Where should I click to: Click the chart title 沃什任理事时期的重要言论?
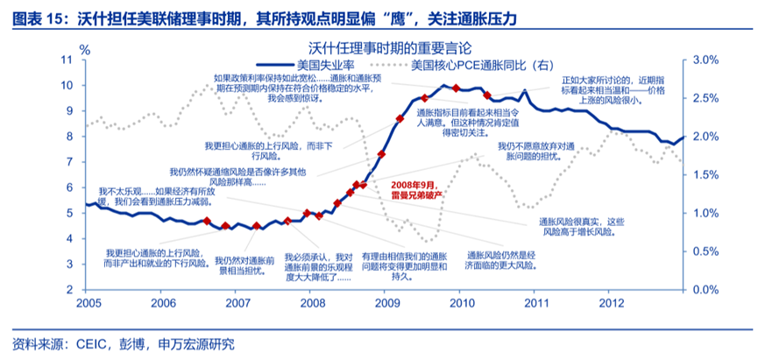click(x=379, y=46)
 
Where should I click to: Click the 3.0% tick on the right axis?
click(x=706, y=60)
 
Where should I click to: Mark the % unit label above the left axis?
click(x=84, y=45)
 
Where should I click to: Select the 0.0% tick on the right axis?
click(x=706, y=289)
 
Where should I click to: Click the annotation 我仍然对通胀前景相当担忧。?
click(x=240, y=266)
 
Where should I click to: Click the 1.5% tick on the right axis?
click(x=706, y=174)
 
